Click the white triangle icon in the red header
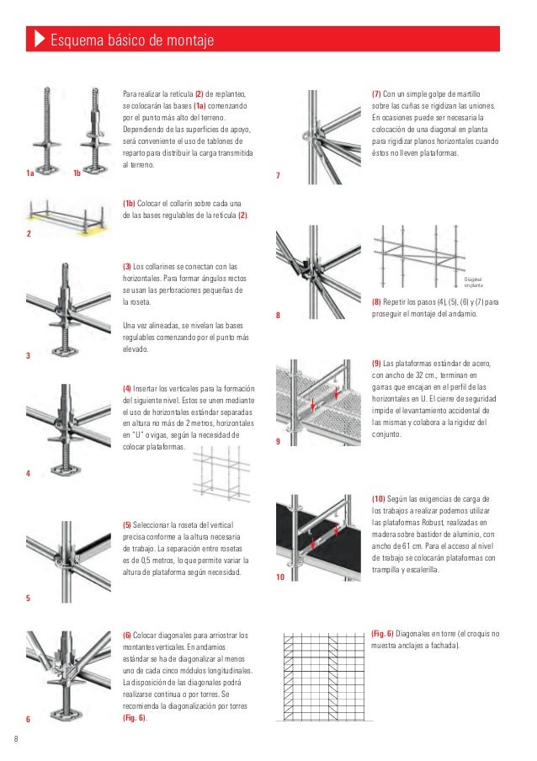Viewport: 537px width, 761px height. click(39, 40)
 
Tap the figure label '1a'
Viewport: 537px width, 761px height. click(30, 174)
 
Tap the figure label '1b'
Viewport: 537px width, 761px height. click(77, 174)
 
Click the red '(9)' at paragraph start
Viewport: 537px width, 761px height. click(377, 363)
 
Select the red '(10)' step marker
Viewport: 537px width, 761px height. click(379, 499)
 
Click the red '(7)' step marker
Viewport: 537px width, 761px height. click(376, 93)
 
